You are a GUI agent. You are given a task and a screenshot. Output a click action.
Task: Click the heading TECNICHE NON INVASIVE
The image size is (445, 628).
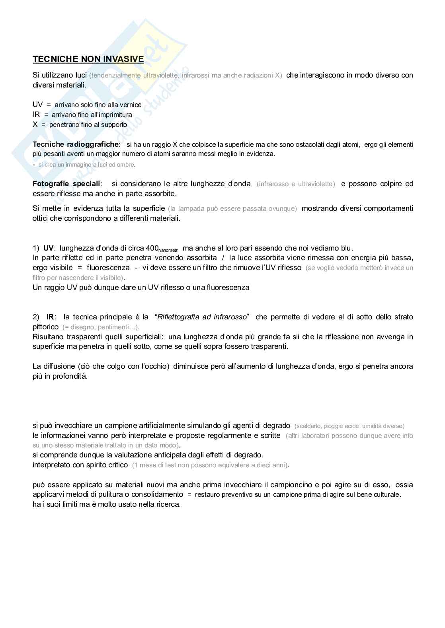coord(88,59)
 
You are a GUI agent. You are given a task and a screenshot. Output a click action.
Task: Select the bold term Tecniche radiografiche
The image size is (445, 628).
coord(76,144)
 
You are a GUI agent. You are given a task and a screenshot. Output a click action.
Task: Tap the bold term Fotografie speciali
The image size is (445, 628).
coord(66,184)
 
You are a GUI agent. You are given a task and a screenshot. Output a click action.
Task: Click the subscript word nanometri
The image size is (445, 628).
coord(169,250)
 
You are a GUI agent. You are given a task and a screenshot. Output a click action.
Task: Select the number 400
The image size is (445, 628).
coord(152,248)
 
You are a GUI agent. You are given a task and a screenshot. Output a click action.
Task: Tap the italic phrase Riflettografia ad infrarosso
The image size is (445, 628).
coord(202,317)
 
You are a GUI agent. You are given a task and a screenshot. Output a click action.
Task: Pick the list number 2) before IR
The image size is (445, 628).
coord(36,317)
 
